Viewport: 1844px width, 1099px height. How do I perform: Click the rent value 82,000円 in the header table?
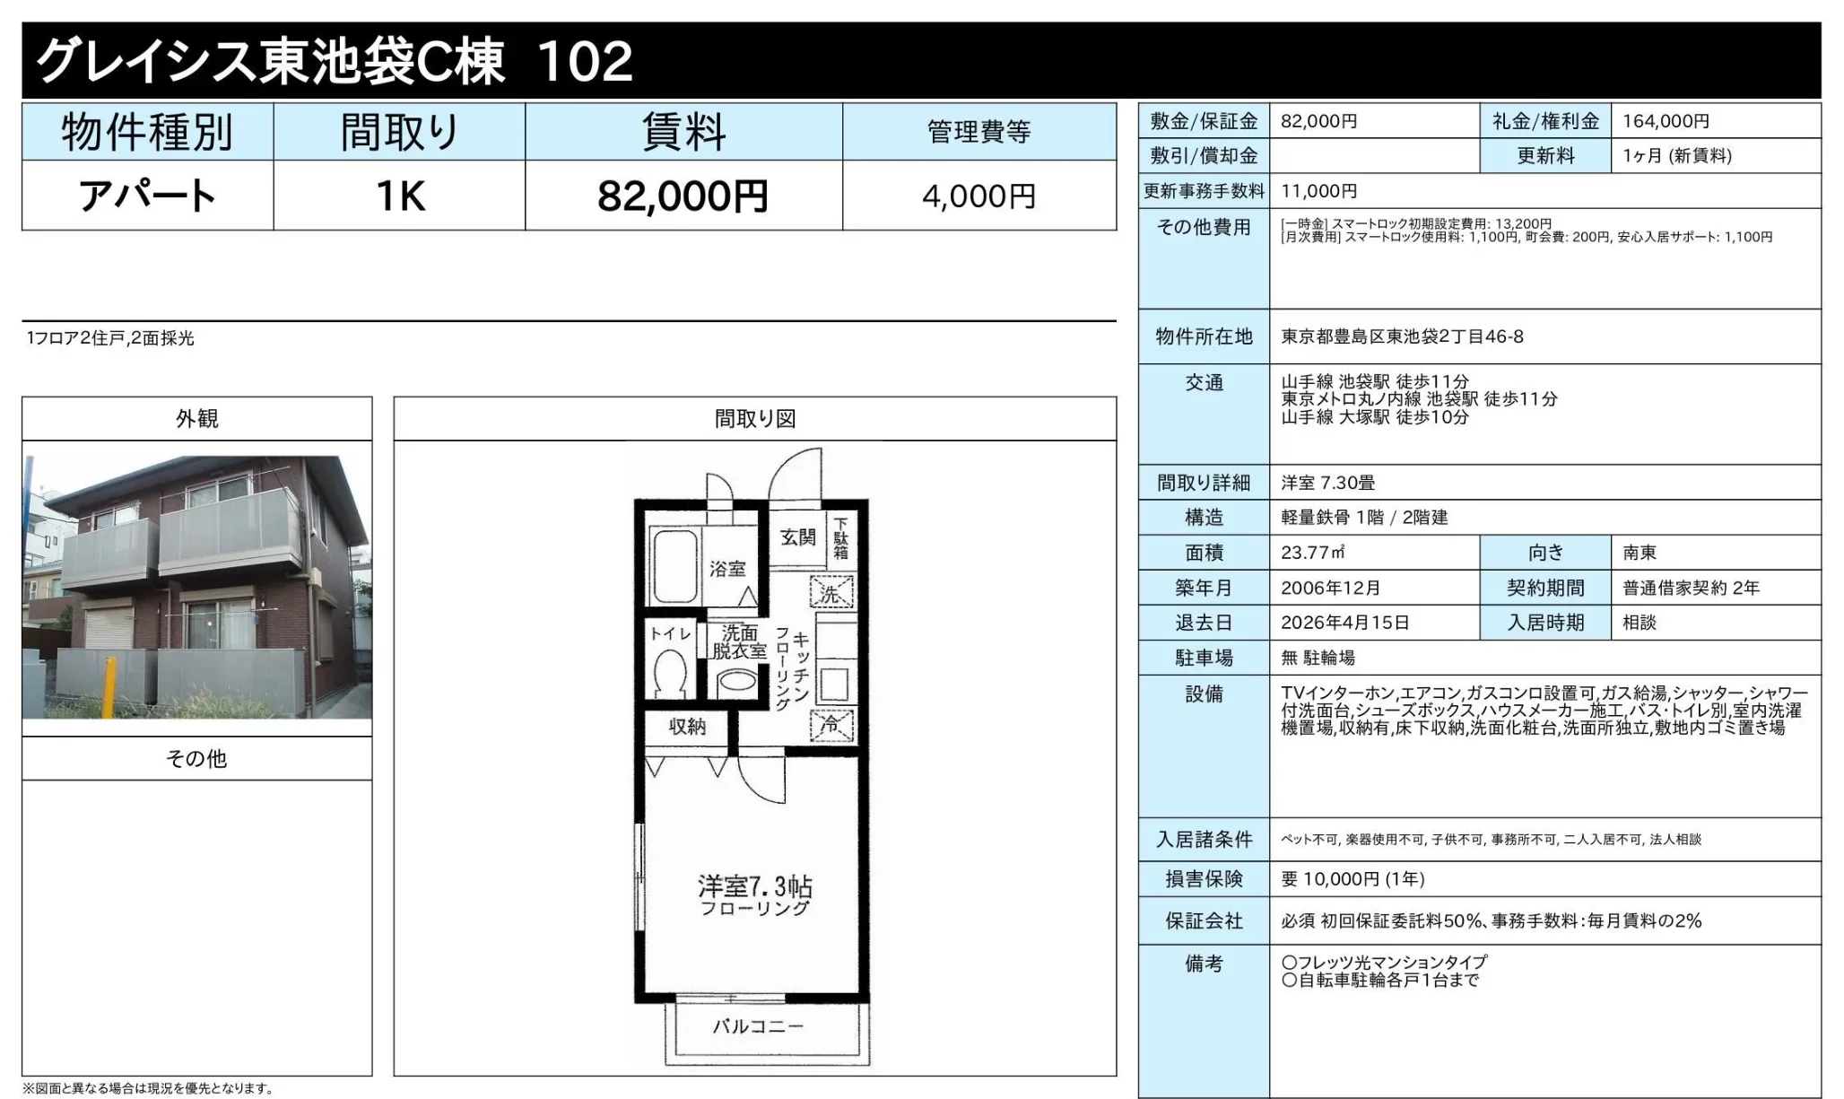click(683, 196)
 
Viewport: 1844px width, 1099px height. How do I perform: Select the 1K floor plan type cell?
click(400, 196)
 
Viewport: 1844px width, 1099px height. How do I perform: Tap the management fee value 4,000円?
click(979, 196)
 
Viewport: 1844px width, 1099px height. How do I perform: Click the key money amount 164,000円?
click(1666, 121)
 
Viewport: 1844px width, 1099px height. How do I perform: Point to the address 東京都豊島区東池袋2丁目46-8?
click(1402, 336)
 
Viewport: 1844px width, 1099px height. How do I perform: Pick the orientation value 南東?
click(1640, 553)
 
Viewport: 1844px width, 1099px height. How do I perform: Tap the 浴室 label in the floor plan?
click(727, 568)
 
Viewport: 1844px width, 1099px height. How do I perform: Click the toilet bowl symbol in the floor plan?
click(670, 673)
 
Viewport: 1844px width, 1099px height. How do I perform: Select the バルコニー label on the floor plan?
click(758, 1025)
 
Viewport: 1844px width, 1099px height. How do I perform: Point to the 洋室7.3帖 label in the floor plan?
click(755, 886)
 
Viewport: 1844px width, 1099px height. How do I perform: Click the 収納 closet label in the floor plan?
click(687, 727)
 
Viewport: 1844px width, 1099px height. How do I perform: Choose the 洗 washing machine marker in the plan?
click(832, 593)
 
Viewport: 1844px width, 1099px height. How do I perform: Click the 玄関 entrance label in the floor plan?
click(797, 536)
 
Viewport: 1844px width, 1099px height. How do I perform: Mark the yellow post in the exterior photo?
click(109, 687)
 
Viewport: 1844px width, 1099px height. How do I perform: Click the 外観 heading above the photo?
click(196, 418)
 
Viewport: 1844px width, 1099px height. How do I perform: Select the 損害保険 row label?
click(1204, 879)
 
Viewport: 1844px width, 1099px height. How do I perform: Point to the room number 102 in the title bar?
click(586, 62)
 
